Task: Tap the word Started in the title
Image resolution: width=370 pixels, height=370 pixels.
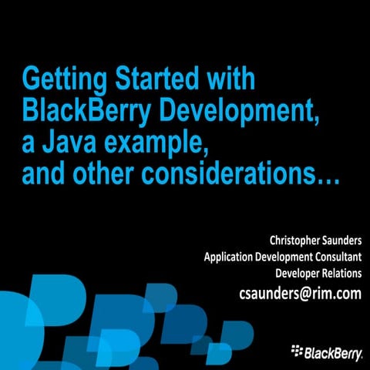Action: click(162, 80)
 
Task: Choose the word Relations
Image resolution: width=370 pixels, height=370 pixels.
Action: click(340, 273)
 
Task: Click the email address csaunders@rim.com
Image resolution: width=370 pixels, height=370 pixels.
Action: click(301, 293)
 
